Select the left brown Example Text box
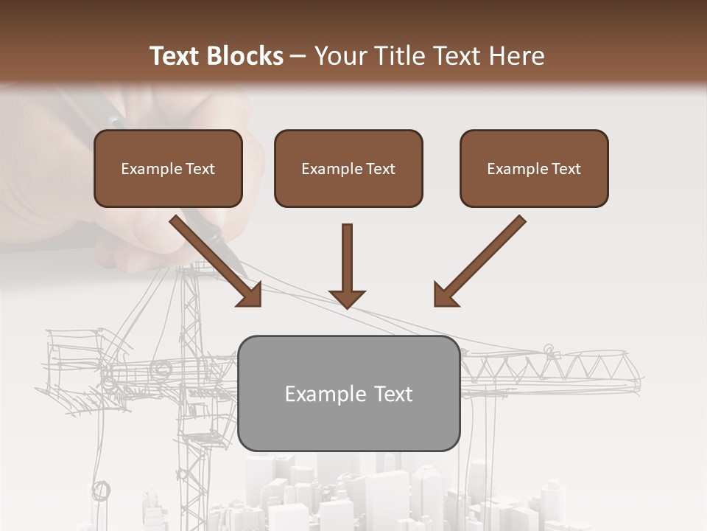coord(168,169)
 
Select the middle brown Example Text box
coord(348,169)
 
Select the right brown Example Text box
coord(534,169)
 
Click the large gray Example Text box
coord(348,394)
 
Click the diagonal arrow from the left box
coord(210,255)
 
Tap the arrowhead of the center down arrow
coord(347,298)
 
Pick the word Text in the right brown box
coord(566,169)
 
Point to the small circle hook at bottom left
coord(101,490)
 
